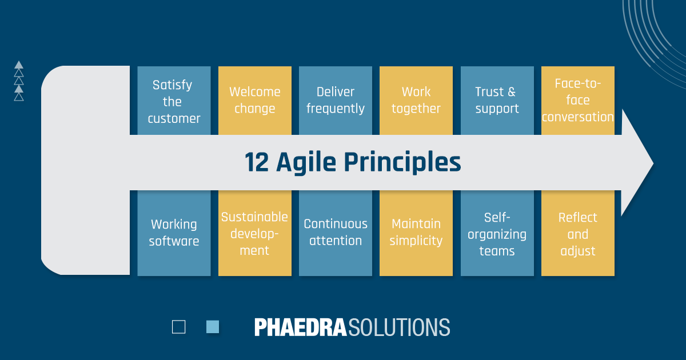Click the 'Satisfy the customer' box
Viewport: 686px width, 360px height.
click(x=174, y=101)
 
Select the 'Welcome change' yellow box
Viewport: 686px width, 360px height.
click(x=255, y=101)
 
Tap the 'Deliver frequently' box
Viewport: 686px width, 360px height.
click(x=336, y=101)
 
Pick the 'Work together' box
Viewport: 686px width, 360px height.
click(x=416, y=101)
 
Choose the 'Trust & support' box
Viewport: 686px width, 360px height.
click(x=497, y=101)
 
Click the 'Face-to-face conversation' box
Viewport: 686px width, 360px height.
click(x=578, y=101)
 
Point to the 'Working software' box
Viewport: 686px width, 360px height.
click(x=174, y=233)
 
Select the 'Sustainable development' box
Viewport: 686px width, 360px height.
click(x=255, y=233)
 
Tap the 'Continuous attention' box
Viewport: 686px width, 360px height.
click(x=336, y=233)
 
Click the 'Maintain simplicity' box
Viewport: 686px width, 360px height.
click(x=416, y=233)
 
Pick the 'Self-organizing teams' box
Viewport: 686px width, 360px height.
click(x=497, y=233)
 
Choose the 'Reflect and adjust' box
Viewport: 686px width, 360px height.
click(x=578, y=233)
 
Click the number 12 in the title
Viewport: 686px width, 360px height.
click(x=257, y=162)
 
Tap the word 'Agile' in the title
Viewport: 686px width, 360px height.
click(x=306, y=163)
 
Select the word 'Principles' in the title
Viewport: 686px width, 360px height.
click(x=402, y=163)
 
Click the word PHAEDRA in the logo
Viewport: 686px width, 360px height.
click(x=301, y=327)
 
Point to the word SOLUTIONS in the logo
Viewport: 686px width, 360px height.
click(x=399, y=327)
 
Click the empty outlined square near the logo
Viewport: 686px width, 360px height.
click(x=178, y=327)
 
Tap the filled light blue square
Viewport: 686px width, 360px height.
click(x=213, y=327)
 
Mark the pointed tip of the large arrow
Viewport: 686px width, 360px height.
click(x=653, y=163)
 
